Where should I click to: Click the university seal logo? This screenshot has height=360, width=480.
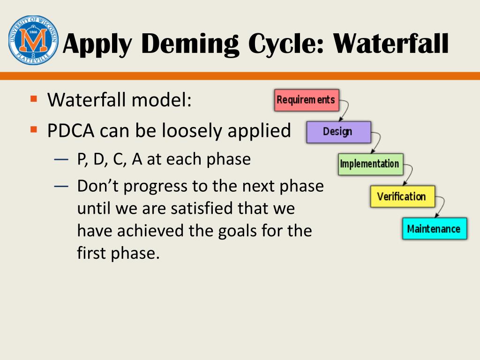click(33, 40)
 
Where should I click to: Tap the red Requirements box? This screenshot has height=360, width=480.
click(307, 100)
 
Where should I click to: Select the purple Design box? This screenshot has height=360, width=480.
click(339, 132)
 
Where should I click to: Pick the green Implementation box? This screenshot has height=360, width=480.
click(371, 165)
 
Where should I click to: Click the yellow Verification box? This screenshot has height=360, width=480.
click(403, 196)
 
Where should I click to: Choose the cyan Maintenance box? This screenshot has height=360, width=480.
click(435, 229)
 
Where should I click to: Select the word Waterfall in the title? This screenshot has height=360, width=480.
click(390, 43)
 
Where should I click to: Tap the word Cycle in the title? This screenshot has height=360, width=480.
click(286, 45)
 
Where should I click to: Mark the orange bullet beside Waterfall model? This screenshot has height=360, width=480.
click(34, 98)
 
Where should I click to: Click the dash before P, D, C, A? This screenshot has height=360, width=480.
click(61, 159)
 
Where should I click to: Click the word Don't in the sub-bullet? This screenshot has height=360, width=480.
click(97, 186)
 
